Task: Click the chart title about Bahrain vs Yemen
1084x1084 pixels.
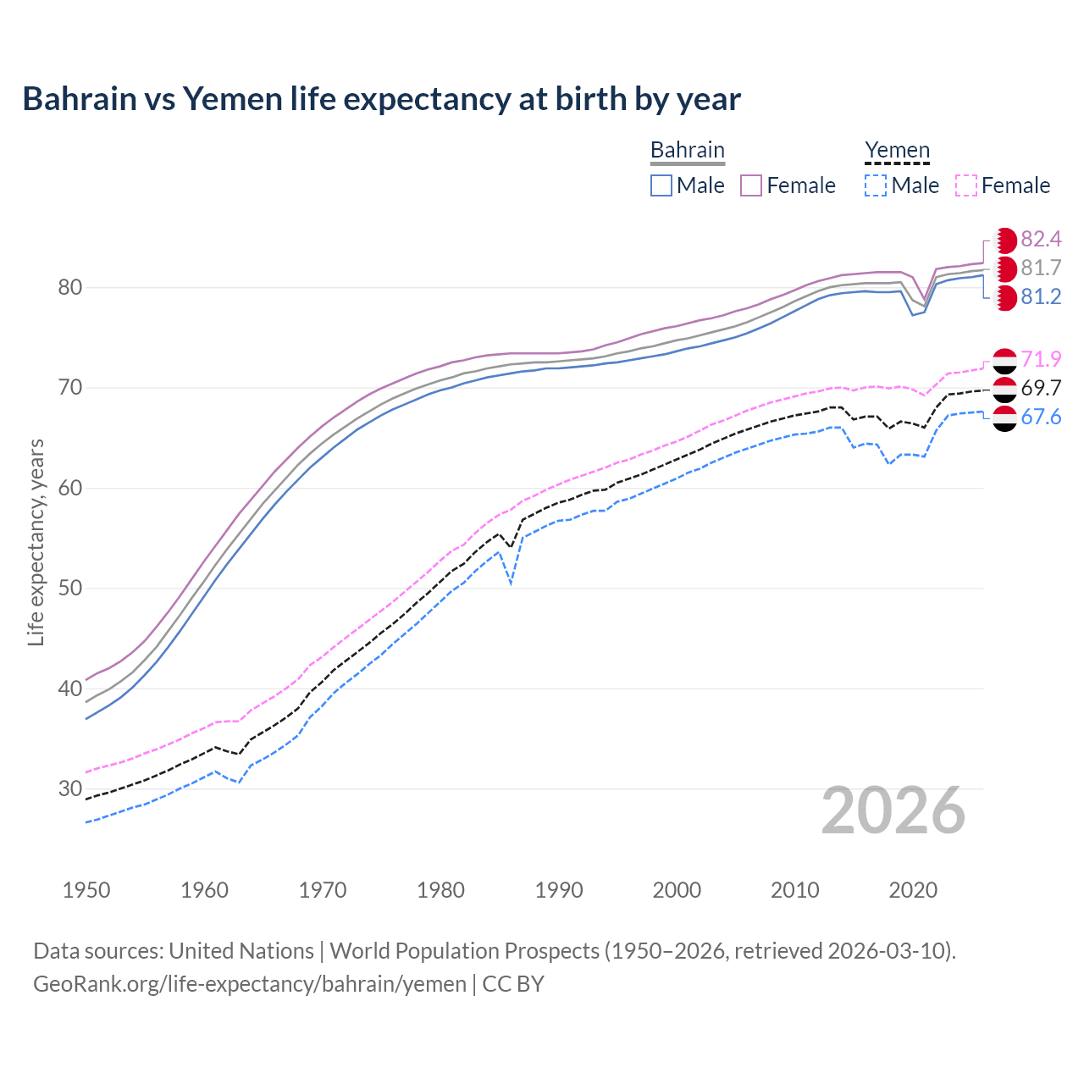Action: tap(381, 99)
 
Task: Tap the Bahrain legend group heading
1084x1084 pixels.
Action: tap(687, 150)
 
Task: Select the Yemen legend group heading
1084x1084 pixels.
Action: tap(897, 150)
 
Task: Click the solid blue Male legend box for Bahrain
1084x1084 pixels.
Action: tap(661, 185)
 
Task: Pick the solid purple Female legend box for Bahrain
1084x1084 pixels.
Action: tap(751, 185)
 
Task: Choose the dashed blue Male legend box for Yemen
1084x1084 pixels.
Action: tap(876, 185)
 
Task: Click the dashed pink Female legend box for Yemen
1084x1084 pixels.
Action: tap(966, 185)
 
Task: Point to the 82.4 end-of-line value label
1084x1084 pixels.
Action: tap(1041, 240)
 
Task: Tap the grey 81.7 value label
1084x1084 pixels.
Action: tap(1041, 268)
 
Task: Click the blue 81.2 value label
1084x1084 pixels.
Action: tap(1041, 297)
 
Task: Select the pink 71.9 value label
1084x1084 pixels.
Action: tap(1041, 360)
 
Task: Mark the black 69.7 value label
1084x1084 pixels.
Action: tap(1041, 389)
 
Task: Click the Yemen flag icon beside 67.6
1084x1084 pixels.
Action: tap(1004, 418)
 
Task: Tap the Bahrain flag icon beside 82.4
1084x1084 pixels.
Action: tap(1004, 240)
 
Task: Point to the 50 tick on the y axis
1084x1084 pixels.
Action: tap(70, 589)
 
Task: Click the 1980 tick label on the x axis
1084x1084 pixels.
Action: tap(440, 890)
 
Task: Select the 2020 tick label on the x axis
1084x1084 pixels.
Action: tap(913, 890)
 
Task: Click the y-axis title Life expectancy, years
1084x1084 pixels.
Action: tap(36, 542)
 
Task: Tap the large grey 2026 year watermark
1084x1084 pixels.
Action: tap(893, 810)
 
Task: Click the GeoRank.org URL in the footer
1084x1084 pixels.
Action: tap(250, 984)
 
